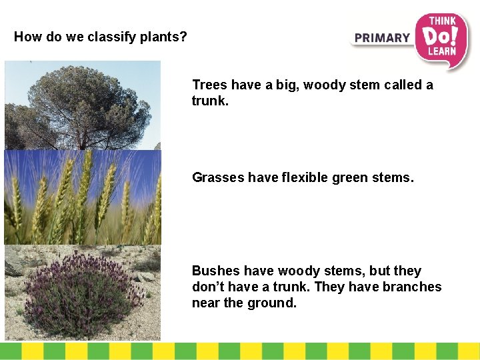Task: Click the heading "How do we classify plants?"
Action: [x=101, y=37]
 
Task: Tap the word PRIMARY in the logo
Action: [x=382, y=38]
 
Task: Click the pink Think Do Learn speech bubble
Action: [x=441, y=39]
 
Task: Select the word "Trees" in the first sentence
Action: [x=209, y=85]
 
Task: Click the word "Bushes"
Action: [x=215, y=271]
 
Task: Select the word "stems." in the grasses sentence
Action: [x=394, y=177]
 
